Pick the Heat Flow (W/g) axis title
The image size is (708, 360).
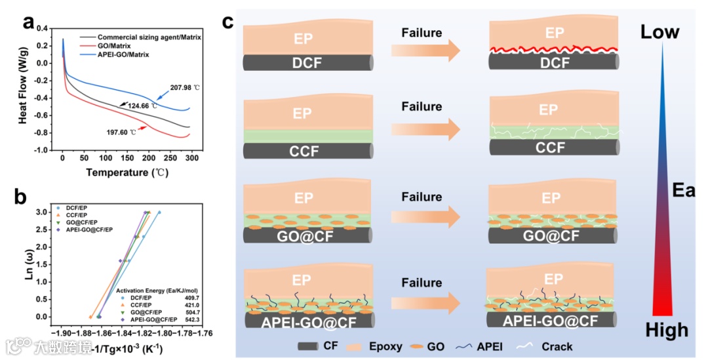tap(23, 89)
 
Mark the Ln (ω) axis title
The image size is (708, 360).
tap(28, 264)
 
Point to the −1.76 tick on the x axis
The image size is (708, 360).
tap(203, 333)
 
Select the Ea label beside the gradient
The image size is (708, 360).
tap(684, 191)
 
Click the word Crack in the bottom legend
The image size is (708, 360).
tap(557, 346)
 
